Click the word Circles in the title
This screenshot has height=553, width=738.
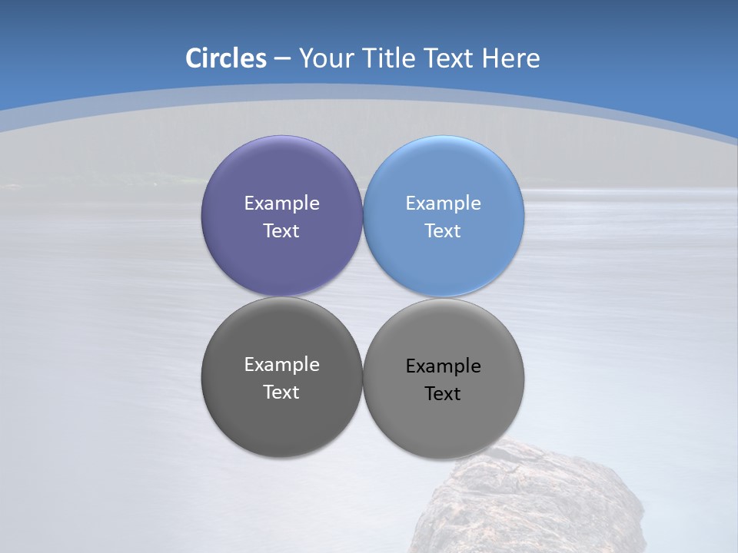[226, 58]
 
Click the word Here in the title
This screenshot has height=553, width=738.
[511, 58]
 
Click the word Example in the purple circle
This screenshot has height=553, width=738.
[281, 204]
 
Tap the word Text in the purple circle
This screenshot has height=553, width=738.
[281, 231]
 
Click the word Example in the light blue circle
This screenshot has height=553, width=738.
[443, 204]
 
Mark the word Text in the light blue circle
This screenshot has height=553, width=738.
[443, 231]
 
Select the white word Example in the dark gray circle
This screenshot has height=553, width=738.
[281, 365]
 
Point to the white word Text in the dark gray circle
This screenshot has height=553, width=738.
[281, 392]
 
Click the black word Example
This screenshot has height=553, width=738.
[443, 366]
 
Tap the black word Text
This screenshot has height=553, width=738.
[443, 394]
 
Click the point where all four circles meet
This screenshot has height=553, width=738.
[362, 296]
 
